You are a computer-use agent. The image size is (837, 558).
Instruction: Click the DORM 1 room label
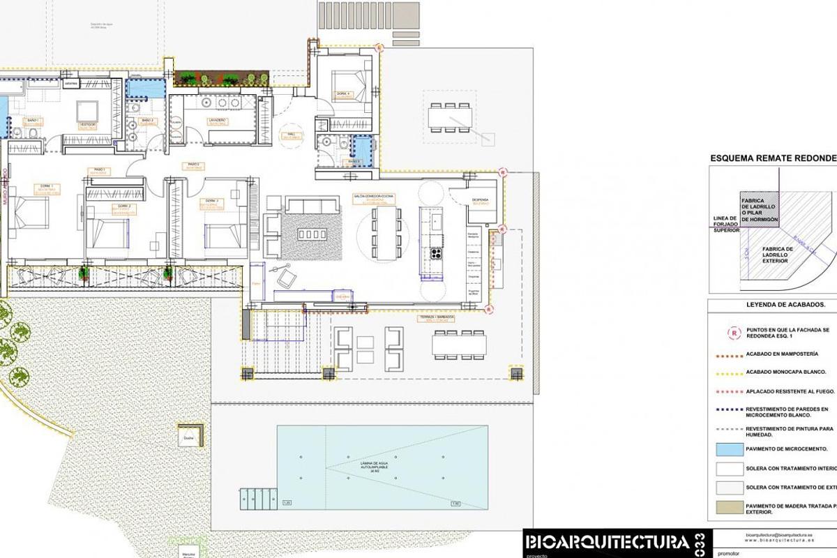click(46, 186)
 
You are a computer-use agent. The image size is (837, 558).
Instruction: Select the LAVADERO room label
click(217, 120)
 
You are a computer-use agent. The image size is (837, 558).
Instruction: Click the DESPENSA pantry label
click(480, 199)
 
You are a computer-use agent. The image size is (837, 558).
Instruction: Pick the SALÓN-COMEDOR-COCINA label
click(374, 197)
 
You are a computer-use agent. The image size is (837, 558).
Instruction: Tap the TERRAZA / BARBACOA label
click(437, 317)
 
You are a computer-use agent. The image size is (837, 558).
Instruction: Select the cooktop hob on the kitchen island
click(437, 252)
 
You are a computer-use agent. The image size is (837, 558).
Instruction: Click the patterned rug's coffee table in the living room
click(312, 234)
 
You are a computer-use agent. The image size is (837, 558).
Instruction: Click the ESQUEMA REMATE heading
click(773, 158)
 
